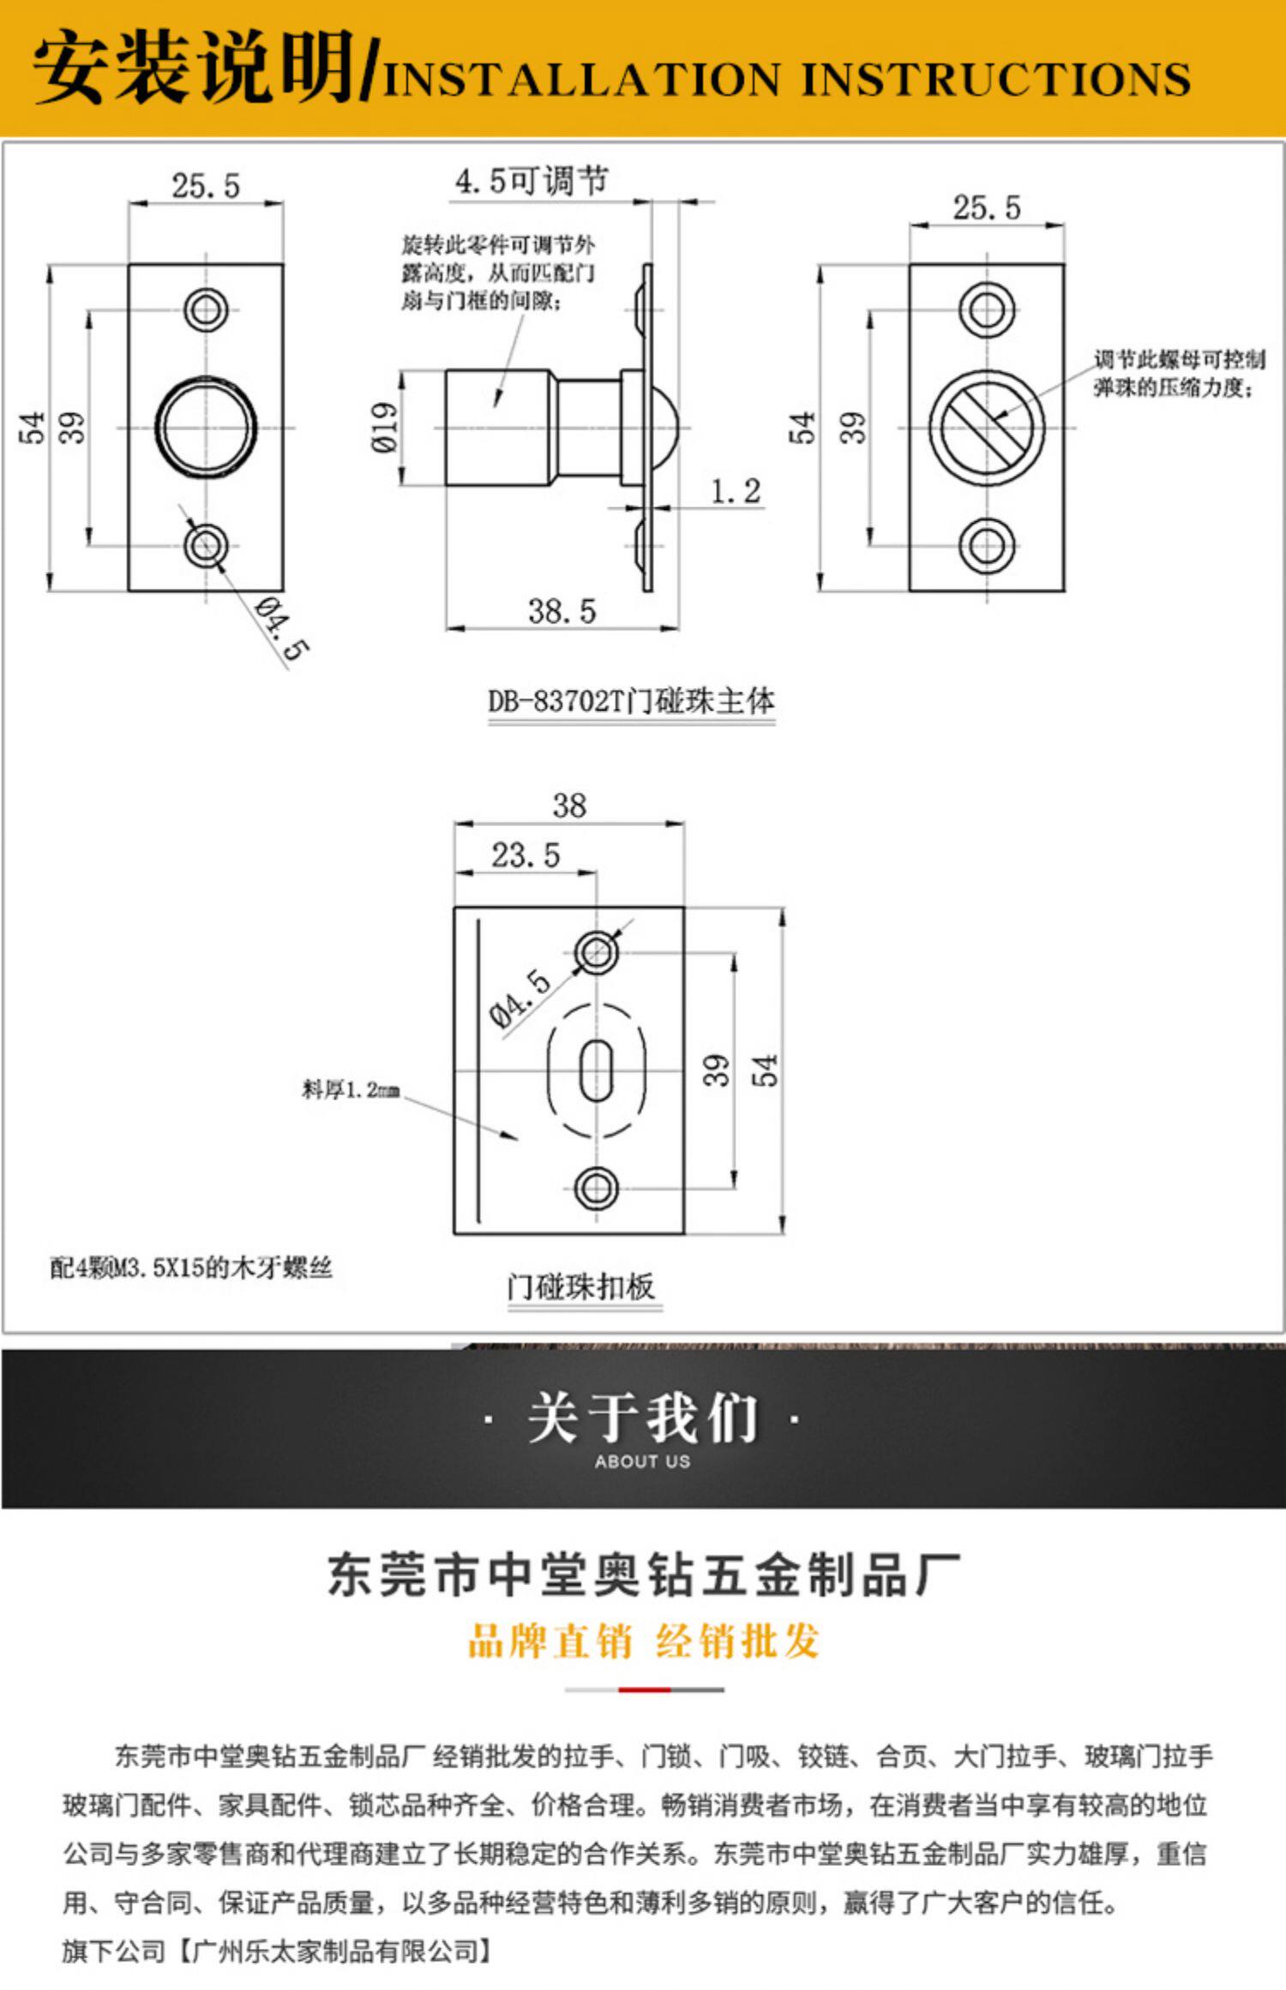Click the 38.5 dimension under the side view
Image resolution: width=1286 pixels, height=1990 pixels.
[x=562, y=611]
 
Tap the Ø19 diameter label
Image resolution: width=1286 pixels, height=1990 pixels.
[x=385, y=427]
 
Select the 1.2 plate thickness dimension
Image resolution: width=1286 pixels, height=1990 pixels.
[x=736, y=491]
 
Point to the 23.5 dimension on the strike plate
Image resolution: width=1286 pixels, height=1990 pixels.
[x=525, y=854]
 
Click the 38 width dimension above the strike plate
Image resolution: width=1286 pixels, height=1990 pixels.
[x=569, y=806]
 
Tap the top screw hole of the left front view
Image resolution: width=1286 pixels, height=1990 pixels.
[x=206, y=309]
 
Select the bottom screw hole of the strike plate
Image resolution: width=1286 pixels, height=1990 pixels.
[x=597, y=1188]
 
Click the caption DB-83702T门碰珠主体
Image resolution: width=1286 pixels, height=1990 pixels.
[x=632, y=701]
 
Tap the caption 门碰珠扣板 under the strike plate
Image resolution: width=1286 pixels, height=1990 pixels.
[x=580, y=1286]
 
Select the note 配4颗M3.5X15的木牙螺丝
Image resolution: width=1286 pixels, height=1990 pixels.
[x=190, y=1268]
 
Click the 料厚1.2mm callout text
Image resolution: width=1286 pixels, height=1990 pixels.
[x=351, y=1089]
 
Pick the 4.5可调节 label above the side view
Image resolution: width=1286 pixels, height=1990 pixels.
[x=532, y=181]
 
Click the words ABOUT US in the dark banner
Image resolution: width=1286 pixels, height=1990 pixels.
[x=643, y=1461]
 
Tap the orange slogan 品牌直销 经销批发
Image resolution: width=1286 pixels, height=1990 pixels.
[x=644, y=1641]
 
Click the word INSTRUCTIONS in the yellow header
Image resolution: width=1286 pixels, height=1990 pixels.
[x=996, y=80]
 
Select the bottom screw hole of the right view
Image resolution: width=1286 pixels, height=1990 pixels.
[x=987, y=545]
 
